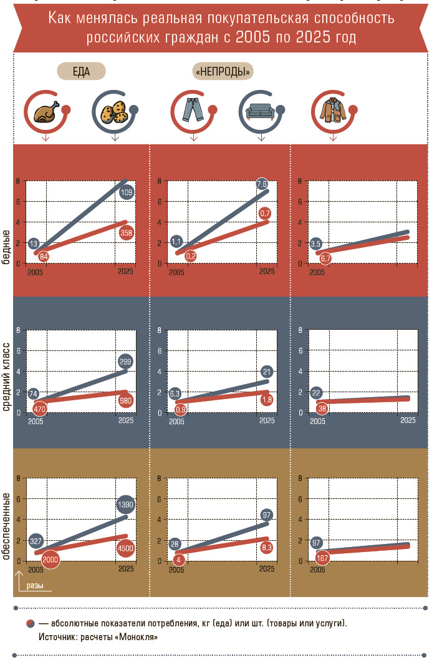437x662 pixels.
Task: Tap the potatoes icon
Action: tap(114, 112)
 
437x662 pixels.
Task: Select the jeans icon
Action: tap(193, 110)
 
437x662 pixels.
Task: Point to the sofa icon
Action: tap(261, 111)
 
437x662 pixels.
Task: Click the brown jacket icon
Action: tap(333, 110)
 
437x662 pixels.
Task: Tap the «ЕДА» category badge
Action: tap(81, 71)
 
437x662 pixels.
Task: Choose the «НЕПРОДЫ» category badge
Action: tap(223, 71)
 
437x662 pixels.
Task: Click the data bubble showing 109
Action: tap(127, 192)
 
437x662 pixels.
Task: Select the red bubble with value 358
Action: tap(126, 232)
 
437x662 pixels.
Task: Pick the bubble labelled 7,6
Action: tap(262, 184)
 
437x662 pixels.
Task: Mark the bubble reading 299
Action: tap(125, 362)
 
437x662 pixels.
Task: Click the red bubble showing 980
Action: tap(125, 400)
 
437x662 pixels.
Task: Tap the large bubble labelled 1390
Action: tap(125, 505)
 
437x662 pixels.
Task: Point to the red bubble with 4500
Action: tap(125, 548)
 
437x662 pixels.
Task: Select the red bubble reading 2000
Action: tap(50, 560)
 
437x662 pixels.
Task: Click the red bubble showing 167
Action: tap(322, 558)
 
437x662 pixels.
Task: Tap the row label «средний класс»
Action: tap(6, 377)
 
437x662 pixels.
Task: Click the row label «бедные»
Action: tap(6, 247)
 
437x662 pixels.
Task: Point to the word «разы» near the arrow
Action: tap(34, 586)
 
